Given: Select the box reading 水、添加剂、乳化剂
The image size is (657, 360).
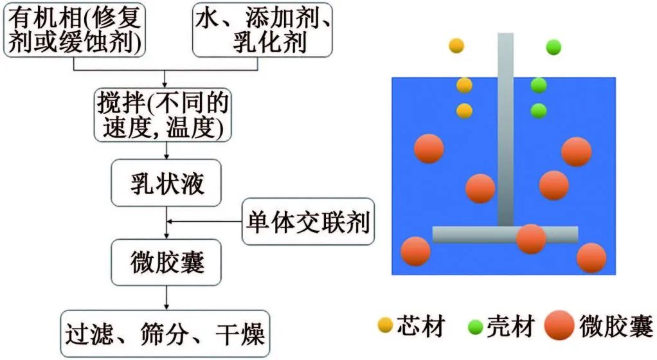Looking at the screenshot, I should pyautogui.click(x=262, y=30).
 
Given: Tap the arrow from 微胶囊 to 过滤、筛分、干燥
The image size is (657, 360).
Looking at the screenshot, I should pyautogui.click(x=168, y=298).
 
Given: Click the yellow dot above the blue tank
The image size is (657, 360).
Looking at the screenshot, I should pyautogui.click(x=456, y=46).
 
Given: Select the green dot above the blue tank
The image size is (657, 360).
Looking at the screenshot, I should pyautogui.click(x=553, y=47).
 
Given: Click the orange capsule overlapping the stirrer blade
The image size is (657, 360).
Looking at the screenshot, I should pyautogui.click(x=531, y=239).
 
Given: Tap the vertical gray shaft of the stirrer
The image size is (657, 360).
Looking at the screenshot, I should pyautogui.click(x=506, y=129).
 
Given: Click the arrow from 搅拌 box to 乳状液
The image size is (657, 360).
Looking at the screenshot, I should pyautogui.click(x=168, y=150).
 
